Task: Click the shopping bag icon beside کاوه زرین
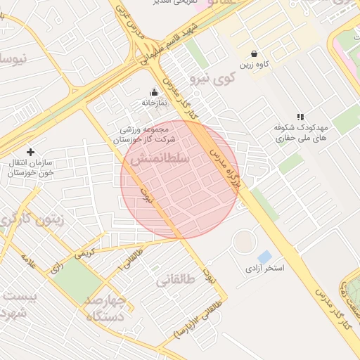pos(254,54)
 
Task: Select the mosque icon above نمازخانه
pos(155,91)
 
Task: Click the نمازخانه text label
pos(155,103)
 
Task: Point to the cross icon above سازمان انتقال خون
pos(30,152)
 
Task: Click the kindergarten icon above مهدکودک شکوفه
pos(300,117)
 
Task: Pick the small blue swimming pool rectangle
pos(264,257)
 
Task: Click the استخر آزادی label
pos(264,269)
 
